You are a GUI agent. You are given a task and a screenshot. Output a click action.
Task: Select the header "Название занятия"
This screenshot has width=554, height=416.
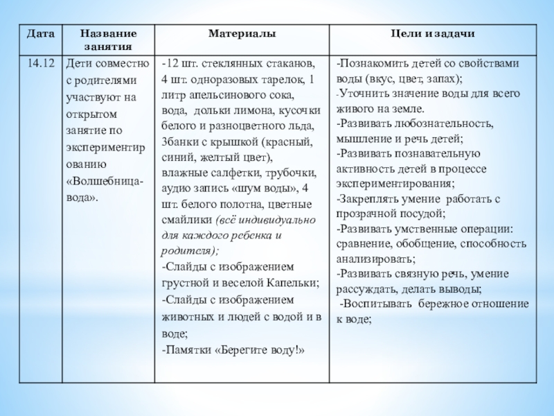108,40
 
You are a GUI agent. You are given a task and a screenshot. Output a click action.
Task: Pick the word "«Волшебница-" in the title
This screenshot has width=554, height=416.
104,182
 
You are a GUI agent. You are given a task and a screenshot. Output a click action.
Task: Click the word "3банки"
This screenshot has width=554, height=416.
177,142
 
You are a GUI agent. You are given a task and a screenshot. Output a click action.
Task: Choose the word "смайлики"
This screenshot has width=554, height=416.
186,220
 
